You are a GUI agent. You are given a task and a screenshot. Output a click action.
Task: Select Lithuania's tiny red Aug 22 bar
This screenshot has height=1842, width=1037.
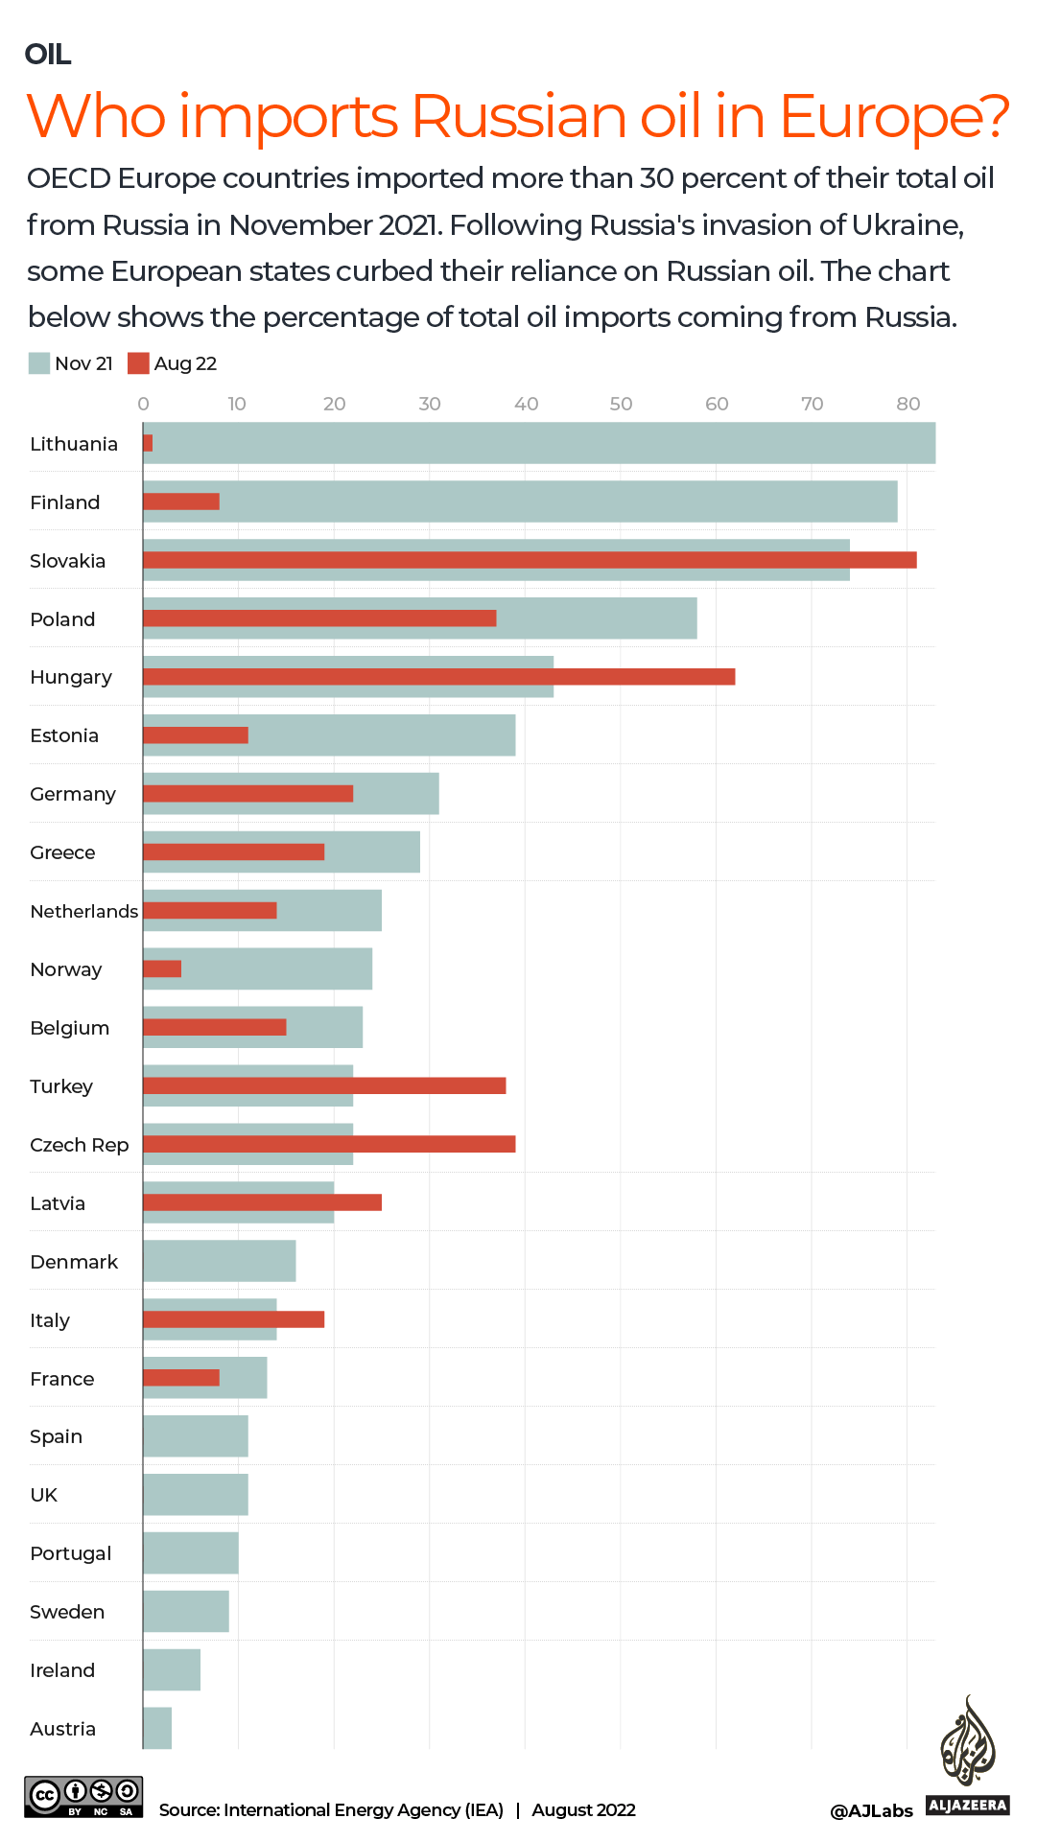tap(148, 443)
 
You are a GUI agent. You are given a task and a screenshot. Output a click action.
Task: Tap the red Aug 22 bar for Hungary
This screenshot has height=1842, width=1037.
tap(438, 677)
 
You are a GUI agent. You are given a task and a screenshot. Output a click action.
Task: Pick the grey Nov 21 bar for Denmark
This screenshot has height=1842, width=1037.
tap(219, 1261)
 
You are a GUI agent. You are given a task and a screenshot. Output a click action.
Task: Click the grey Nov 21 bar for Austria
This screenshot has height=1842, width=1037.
tap(157, 1728)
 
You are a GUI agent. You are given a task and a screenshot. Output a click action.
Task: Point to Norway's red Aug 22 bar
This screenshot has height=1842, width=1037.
tap(162, 968)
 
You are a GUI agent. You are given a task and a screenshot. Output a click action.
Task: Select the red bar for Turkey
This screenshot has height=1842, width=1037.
tap(324, 1085)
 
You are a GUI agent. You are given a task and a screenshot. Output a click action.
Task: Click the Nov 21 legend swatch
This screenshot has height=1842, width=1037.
tap(39, 363)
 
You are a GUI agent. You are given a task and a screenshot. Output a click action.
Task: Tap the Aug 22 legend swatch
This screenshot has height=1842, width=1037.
tap(138, 363)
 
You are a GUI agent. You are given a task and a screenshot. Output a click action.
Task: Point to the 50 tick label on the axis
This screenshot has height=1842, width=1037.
tap(621, 404)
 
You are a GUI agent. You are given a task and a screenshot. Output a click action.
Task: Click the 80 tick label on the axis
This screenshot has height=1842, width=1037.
tap(907, 404)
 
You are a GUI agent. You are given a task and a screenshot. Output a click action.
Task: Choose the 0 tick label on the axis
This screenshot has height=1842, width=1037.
tap(143, 404)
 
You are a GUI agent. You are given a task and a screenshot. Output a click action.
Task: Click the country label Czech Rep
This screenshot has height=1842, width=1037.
tap(79, 1145)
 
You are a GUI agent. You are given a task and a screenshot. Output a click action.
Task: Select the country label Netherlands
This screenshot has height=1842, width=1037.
tap(83, 911)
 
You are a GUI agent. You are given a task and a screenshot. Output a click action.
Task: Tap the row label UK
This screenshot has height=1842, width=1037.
tap(44, 1495)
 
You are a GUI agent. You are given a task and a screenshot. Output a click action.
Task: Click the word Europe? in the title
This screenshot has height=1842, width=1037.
tap(894, 117)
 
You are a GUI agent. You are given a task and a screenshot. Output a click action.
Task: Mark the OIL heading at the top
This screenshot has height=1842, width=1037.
tap(48, 55)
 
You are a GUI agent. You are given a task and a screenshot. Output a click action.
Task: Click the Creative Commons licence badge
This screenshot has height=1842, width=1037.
tap(84, 1796)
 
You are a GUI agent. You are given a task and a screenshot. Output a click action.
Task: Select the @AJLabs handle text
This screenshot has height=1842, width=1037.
tap(871, 1810)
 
